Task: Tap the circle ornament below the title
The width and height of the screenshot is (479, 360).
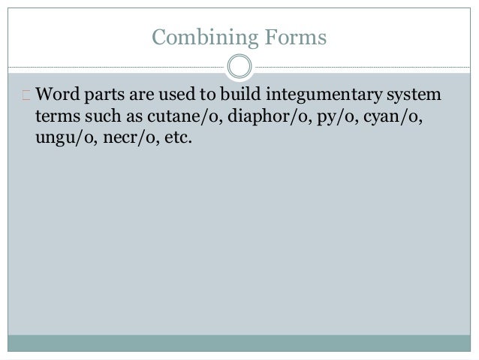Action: tap(239, 66)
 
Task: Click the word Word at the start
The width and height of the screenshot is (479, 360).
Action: tap(55, 97)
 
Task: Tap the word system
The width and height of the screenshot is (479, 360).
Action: tap(414, 97)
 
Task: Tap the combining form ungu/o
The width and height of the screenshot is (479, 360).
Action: tap(61, 139)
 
